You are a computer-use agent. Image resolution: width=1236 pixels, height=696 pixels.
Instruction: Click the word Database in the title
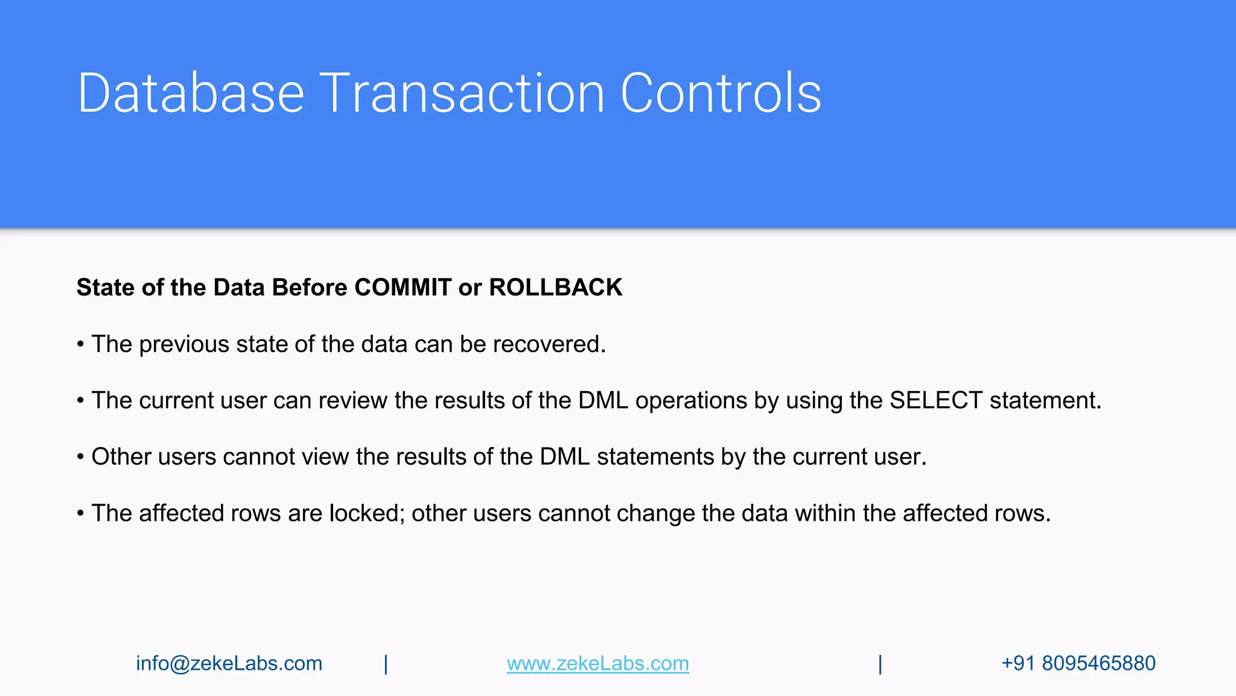(191, 93)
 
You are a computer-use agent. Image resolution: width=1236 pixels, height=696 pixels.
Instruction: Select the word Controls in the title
(721, 93)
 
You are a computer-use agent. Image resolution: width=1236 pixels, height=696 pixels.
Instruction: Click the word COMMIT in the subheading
(403, 288)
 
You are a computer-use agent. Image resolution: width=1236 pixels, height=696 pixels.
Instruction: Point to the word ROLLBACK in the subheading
(555, 288)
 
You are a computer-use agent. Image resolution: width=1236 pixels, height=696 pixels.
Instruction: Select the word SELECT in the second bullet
(936, 401)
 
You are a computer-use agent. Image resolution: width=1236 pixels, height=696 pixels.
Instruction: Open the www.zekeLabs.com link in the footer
(597, 663)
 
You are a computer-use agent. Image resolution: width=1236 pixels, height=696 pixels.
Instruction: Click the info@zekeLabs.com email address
(229, 663)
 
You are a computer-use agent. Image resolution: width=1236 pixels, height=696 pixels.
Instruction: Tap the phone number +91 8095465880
(1078, 663)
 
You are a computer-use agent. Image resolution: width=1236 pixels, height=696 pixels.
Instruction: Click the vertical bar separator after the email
(386, 664)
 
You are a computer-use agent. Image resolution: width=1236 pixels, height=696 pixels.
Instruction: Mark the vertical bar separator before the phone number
(880, 664)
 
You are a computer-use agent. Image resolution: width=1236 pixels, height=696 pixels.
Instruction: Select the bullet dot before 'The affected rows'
(80, 514)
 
